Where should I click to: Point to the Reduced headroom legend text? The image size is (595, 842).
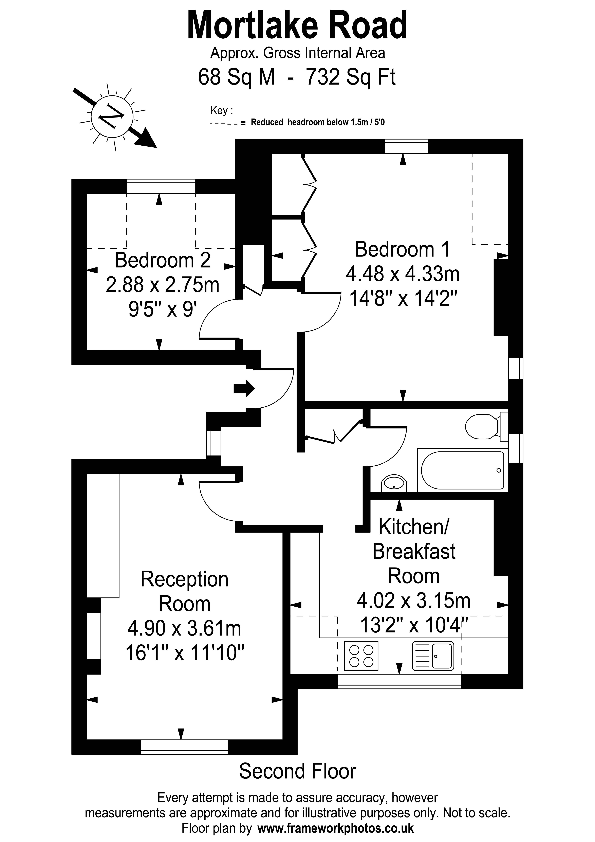tap(317, 122)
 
